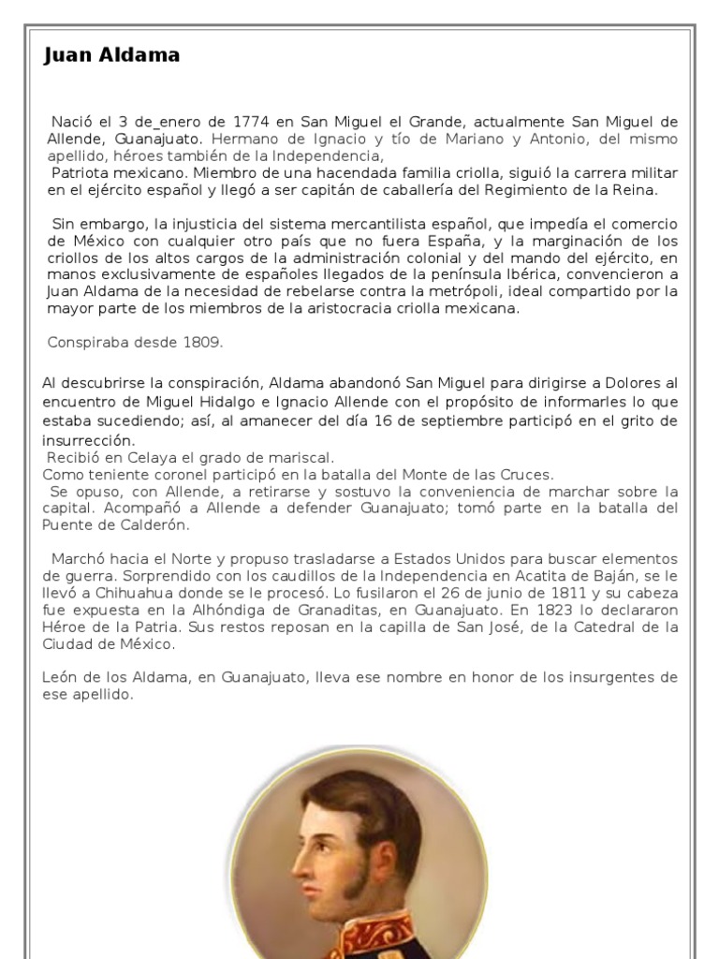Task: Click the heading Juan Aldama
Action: (x=111, y=55)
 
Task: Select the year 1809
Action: (x=204, y=342)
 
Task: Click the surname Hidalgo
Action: (x=227, y=402)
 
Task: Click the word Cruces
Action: (x=527, y=475)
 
